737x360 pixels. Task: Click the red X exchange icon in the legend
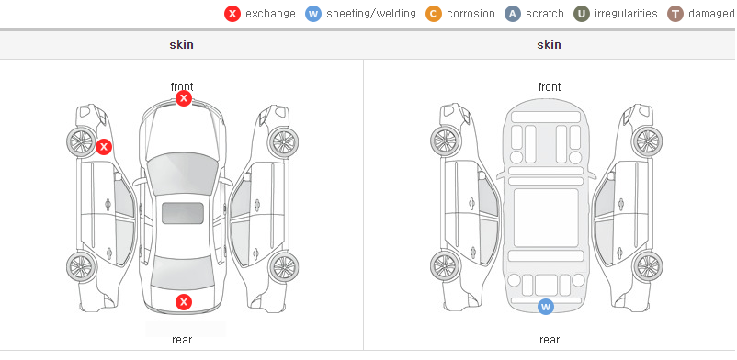click(x=232, y=14)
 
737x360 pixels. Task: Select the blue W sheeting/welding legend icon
click(x=313, y=14)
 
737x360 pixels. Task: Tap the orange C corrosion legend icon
click(x=434, y=14)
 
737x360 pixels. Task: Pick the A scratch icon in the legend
click(x=513, y=14)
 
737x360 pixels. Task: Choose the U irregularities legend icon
click(x=582, y=14)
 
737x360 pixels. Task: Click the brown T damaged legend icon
click(x=675, y=14)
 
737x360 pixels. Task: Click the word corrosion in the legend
click(x=471, y=14)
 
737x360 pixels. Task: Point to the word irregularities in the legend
click(x=626, y=14)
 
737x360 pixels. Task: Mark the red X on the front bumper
click(x=184, y=98)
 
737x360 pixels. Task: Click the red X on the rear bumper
click(x=184, y=302)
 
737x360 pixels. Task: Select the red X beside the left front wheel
click(x=104, y=147)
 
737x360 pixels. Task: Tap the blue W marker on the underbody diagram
click(x=546, y=307)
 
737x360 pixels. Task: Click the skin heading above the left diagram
click(x=181, y=45)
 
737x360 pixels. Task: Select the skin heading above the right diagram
click(x=549, y=45)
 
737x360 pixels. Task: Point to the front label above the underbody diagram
click(x=550, y=87)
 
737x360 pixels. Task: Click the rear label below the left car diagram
click(x=182, y=340)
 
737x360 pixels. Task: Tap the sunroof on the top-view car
click(x=183, y=213)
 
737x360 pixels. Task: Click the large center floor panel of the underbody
click(x=546, y=218)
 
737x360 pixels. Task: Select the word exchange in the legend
click(x=270, y=14)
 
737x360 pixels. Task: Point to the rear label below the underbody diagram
click(x=550, y=340)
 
